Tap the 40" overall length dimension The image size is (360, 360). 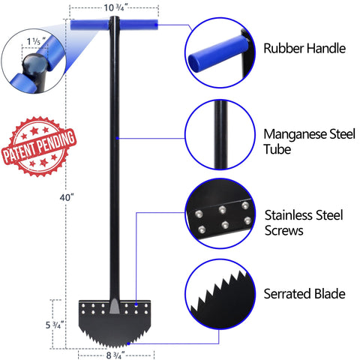(x=67, y=198)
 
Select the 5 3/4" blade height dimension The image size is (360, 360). (x=53, y=325)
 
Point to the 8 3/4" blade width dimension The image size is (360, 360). (x=115, y=355)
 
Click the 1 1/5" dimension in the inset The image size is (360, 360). (x=36, y=41)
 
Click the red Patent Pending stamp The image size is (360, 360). (x=39, y=146)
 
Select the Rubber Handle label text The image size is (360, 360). (x=304, y=48)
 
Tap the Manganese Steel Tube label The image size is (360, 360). (x=309, y=142)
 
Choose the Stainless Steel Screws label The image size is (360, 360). (x=304, y=223)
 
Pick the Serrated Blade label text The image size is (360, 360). (x=304, y=294)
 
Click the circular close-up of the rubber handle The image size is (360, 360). (x=220, y=52)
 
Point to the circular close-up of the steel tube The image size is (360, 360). (x=220, y=135)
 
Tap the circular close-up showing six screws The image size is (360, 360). (x=220, y=214)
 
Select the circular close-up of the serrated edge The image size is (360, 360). (x=220, y=294)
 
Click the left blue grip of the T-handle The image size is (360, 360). (x=89, y=25)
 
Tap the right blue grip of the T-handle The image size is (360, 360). (x=139, y=25)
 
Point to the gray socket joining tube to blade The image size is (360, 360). (x=114, y=306)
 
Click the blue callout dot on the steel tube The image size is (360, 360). (x=117, y=138)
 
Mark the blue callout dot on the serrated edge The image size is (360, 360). (x=128, y=343)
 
